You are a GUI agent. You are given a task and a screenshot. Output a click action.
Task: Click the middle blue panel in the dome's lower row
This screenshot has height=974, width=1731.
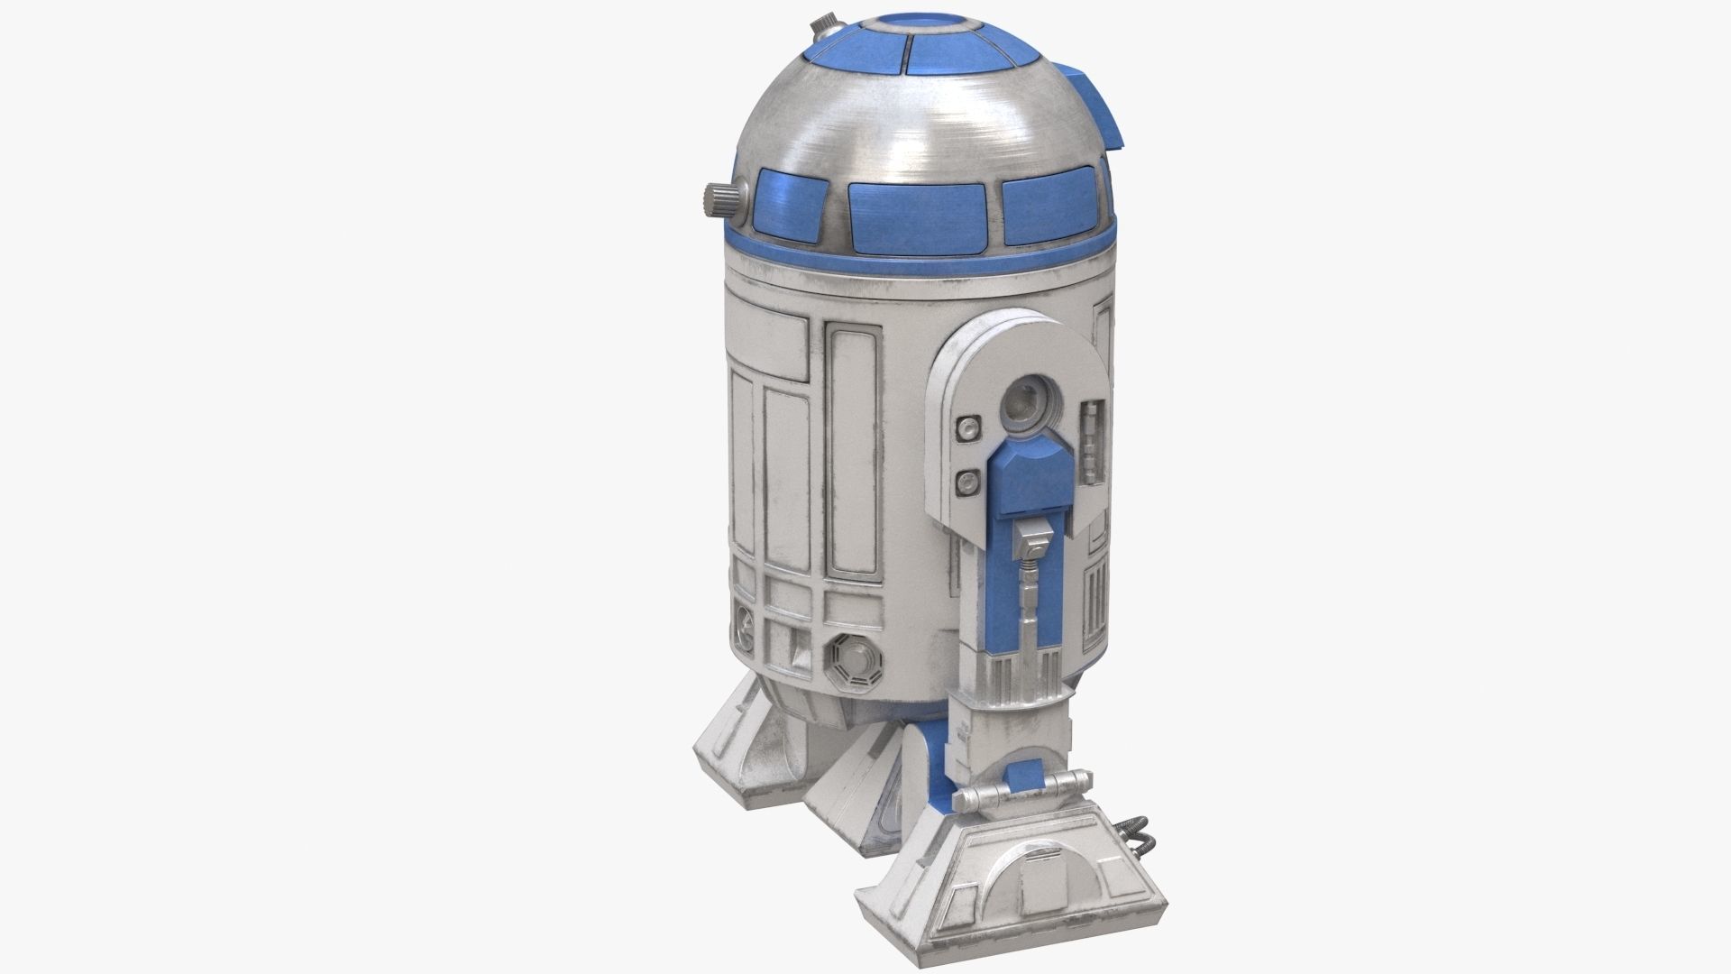point(916,216)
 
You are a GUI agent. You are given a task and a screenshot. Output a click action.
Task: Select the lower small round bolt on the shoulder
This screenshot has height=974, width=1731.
point(967,481)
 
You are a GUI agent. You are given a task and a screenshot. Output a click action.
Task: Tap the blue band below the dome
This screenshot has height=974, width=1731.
point(920,262)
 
